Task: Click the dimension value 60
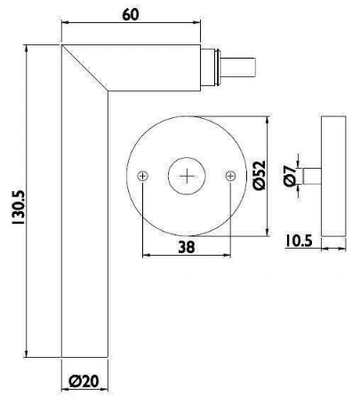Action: point(131,14)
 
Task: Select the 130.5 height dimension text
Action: point(19,207)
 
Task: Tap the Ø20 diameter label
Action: point(84,381)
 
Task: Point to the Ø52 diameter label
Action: point(260,175)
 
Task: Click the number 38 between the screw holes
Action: point(187,247)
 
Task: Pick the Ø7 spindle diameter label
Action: point(290,176)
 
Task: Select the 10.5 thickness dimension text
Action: point(299,241)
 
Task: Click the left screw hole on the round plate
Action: point(143,177)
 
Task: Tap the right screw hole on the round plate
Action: point(230,176)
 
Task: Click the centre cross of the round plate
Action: point(187,177)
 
